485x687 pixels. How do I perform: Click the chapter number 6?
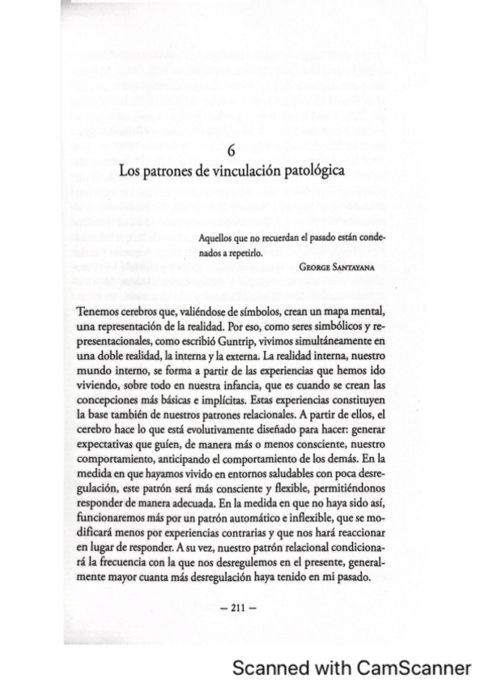coord(232,151)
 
